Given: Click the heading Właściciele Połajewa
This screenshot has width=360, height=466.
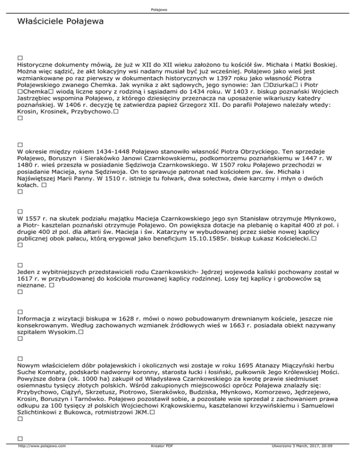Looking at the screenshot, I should [60, 22].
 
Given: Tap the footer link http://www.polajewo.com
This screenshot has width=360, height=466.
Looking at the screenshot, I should [42, 459].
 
